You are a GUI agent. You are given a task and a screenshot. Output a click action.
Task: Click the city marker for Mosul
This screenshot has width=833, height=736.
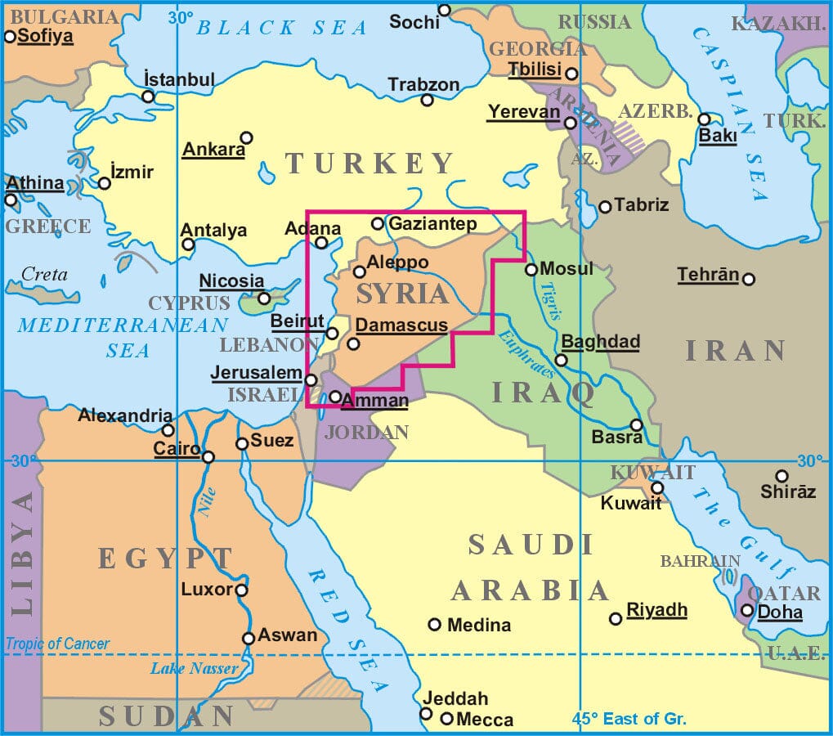[x=531, y=269]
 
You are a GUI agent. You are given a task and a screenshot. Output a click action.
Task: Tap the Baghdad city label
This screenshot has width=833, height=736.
[x=600, y=342]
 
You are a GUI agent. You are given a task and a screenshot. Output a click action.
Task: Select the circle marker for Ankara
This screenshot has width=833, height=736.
[x=246, y=137]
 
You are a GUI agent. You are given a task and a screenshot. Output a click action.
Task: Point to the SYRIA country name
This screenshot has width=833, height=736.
[x=402, y=294]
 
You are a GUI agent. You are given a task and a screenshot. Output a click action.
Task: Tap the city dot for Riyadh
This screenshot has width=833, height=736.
[x=616, y=618]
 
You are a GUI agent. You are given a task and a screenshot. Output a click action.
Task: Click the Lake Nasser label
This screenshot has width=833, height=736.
[x=194, y=669]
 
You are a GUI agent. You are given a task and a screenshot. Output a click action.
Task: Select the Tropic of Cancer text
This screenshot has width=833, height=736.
[x=56, y=644]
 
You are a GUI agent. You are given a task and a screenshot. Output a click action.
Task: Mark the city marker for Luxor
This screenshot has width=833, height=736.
[x=241, y=590]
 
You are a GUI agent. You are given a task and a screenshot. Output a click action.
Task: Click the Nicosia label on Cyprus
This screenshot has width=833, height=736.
[x=231, y=281]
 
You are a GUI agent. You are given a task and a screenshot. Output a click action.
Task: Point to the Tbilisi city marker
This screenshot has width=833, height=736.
[x=572, y=74]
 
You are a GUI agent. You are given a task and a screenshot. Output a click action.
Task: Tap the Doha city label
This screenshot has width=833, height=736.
[x=780, y=613]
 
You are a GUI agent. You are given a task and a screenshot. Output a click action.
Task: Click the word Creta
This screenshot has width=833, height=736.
[x=44, y=275]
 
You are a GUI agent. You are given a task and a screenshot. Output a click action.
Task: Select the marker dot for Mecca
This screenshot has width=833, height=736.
[x=446, y=719]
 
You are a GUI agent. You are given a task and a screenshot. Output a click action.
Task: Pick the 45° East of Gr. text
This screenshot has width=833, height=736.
[x=629, y=720]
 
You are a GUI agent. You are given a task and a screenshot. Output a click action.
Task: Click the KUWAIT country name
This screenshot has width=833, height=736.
[x=652, y=472]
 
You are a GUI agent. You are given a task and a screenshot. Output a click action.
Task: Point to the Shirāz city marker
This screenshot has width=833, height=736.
[x=781, y=476]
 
